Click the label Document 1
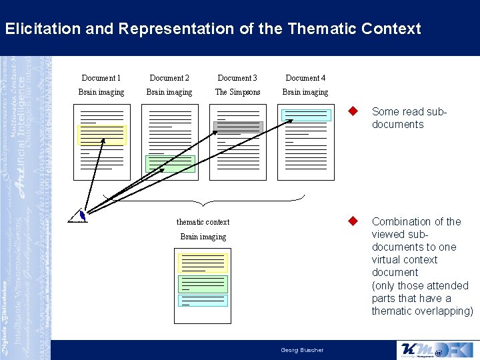tap(101, 78)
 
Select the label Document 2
tap(169, 78)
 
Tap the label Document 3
tap(237, 78)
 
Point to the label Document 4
tap(305, 78)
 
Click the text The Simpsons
tap(237, 92)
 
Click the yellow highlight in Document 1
tap(102, 135)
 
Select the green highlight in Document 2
tap(170, 164)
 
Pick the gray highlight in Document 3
tap(238, 127)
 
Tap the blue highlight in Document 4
tap(305, 115)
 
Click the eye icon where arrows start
tap(80, 215)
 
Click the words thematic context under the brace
tap(203, 222)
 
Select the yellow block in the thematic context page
tap(203, 263)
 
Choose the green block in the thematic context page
tap(203, 284)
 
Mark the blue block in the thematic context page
tap(203, 300)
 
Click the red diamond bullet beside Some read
tap(355, 112)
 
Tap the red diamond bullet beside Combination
tap(355, 221)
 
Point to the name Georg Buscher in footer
tap(302, 350)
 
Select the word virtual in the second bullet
tap(386, 260)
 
